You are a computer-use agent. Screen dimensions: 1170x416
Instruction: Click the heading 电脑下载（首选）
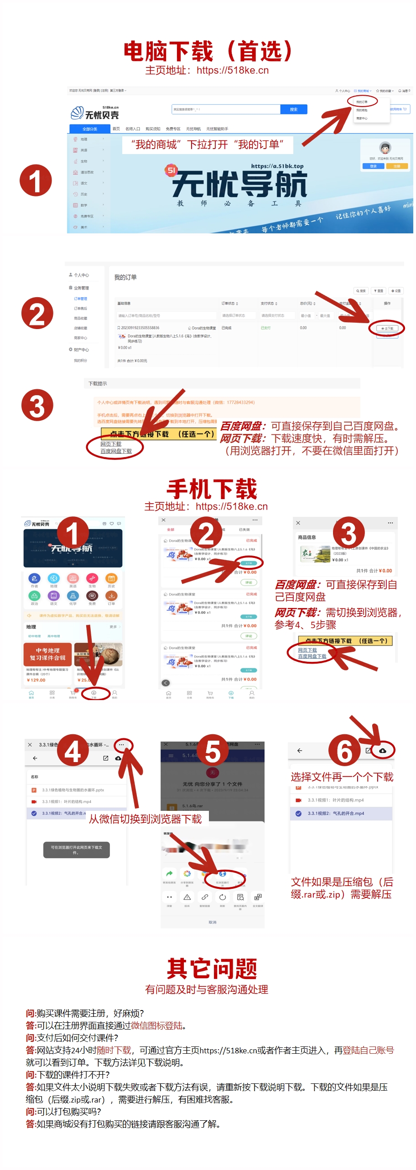tap(208, 51)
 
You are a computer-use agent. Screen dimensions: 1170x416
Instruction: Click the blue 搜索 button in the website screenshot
tap(293, 109)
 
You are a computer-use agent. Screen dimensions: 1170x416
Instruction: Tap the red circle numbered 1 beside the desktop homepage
tap(36, 180)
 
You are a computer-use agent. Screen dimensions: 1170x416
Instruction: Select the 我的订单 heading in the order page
tap(125, 277)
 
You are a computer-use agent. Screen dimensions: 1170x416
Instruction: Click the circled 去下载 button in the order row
tap(387, 328)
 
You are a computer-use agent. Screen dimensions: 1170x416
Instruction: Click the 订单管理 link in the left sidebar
tap(80, 299)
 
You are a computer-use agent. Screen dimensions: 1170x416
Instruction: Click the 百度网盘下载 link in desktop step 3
tap(116, 451)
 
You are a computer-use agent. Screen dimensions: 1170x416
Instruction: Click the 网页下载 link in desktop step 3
tap(111, 443)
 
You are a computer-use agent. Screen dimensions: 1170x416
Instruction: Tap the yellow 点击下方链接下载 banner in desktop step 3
tap(158, 434)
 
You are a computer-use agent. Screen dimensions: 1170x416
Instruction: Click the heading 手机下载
tap(212, 490)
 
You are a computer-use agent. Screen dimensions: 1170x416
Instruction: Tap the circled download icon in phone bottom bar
tap(94, 693)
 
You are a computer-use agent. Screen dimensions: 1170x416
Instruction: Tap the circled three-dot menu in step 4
tap(121, 745)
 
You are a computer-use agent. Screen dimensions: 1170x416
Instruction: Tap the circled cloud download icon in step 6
tap(382, 750)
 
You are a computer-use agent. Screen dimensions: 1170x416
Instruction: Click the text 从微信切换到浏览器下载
tap(146, 819)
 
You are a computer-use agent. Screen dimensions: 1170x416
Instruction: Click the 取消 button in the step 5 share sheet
tap(213, 922)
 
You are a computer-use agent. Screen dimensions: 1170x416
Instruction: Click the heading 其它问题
tap(212, 969)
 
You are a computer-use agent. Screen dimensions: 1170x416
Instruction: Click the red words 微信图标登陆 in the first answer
tap(157, 1026)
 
